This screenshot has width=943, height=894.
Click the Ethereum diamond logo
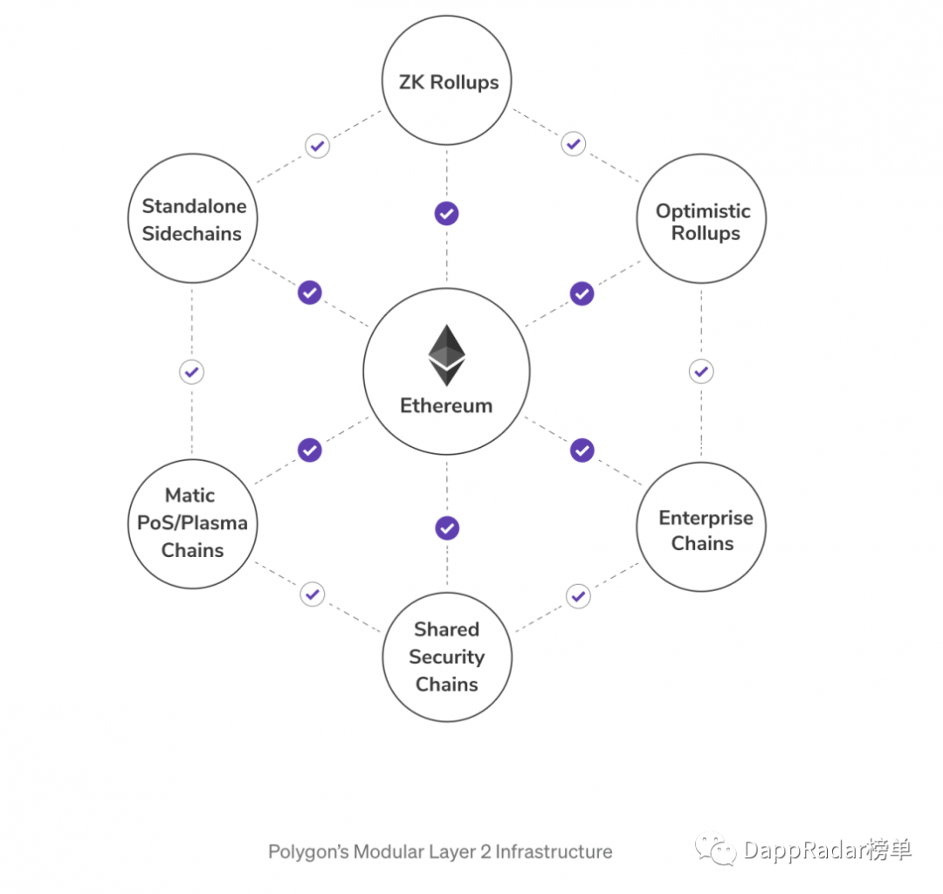point(446,355)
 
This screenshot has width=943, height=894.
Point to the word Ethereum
point(446,406)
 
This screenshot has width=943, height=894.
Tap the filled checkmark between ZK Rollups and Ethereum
point(446,213)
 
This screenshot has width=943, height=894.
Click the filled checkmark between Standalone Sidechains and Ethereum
point(310,292)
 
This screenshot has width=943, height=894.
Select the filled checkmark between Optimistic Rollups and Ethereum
point(582,293)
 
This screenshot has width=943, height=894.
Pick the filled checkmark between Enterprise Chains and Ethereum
point(582,450)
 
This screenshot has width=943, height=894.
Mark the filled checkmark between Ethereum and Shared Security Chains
point(447,528)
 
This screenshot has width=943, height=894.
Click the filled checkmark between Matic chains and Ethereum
point(310,450)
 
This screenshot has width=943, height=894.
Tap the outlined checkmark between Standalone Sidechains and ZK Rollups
point(317,146)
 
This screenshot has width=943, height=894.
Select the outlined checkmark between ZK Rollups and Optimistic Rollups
point(573,144)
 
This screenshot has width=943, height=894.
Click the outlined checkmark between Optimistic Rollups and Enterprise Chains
point(701,372)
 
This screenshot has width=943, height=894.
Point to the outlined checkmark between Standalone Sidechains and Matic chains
point(192,372)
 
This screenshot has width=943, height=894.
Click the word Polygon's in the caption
point(308,852)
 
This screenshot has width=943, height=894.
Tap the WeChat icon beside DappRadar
point(715,849)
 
